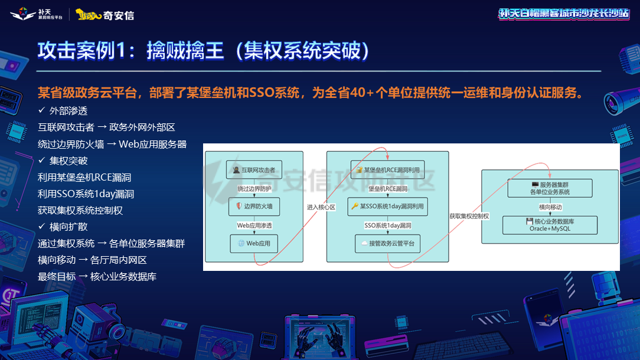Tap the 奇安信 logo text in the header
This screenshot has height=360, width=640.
coord(119,15)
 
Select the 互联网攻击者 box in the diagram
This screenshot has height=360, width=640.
coord(254,169)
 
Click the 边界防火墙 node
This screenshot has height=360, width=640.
coord(254,207)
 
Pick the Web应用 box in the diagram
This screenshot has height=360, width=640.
coord(254,243)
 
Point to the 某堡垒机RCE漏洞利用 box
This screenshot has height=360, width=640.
coord(387,170)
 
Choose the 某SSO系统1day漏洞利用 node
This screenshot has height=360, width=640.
coord(387,207)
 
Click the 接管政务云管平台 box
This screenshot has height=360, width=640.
coord(387,243)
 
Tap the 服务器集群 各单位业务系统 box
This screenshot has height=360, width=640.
coord(550,188)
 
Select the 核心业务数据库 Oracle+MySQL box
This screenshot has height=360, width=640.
coord(550,225)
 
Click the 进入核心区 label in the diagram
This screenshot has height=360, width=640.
coord(321,207)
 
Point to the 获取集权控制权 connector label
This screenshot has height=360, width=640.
coord(469,216)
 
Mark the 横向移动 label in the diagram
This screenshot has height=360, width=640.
coord(550,207)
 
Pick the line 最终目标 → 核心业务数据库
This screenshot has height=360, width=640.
coord(97,276)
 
